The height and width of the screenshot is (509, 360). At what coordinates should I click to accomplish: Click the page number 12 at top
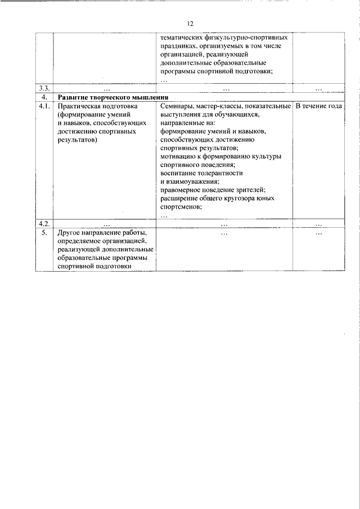(x=190, y=23)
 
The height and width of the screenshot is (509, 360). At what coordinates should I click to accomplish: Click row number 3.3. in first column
(x=44, y=88)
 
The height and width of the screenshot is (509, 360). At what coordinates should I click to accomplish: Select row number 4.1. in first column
(x=44, y=106)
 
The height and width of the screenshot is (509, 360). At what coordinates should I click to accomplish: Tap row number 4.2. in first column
(x=44, y=224)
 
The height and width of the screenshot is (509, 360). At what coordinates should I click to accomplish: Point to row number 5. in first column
(x=44, y=232)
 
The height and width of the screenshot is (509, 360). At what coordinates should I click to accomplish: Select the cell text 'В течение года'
(x=319, y=106)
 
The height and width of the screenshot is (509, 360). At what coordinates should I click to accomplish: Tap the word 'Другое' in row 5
(x=70, y=232)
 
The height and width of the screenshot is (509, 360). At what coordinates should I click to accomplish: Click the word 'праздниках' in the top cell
(x=180, y=46)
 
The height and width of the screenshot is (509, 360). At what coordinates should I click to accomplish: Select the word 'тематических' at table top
(x=183, y=37)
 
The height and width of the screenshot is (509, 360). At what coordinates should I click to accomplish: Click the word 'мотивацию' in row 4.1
(x=178, y=156)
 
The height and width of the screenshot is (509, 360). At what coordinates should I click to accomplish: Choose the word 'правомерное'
(x=181, y=190)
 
